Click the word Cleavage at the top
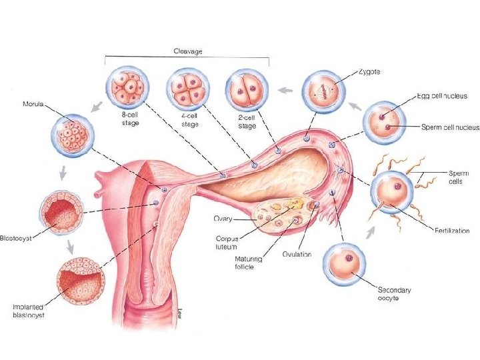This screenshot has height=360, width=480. point(188,51)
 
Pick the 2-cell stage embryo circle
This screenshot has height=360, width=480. point(246,91)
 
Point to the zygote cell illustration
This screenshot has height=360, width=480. point(323,92)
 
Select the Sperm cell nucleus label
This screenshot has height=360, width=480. point(450,127)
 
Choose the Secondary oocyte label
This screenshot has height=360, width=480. point(395,294)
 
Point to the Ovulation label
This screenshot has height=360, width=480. point(297,254)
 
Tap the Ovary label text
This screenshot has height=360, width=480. point(223,218)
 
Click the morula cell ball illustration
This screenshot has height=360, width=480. point(72,135)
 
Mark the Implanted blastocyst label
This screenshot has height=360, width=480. point(29,311)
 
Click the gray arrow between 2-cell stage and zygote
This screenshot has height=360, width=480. point(285,89)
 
